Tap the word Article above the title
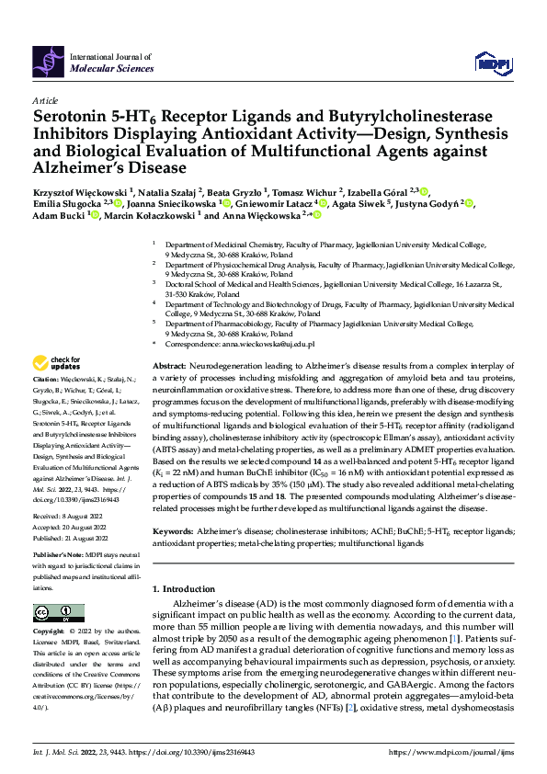coord(45,99)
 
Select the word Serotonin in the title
coord(72,118)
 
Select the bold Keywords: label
coord(177,531)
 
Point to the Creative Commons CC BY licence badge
coord(53,612)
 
